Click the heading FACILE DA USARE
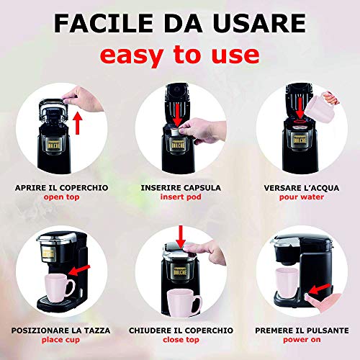tap(180, 24)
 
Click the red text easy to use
tap(180, 55)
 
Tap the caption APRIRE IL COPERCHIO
tap(62, 186)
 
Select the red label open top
tap(62, 197)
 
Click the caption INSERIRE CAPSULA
tap(181, 186)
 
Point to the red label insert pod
tap(181, 197)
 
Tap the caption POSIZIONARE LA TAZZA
tap(62, 330)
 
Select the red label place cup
tap(62, 341)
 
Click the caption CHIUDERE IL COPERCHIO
tap(181, 330)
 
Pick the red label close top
tap(181, 341)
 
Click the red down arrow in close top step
tap(181, 233)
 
